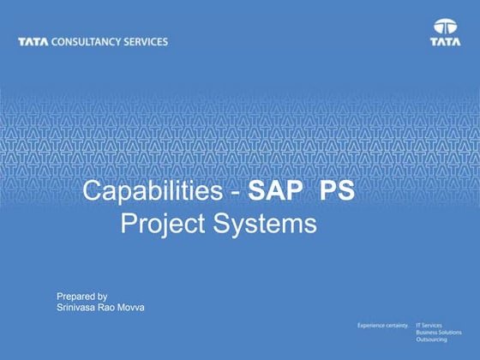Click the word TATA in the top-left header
click(x=32, y=42)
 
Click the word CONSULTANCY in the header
click(x=81, y=42)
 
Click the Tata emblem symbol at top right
click(x=445, y=26)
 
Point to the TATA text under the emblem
click(x=445, y=40)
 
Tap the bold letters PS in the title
click(x=337, y=191)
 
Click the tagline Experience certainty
click(x=383, y=327)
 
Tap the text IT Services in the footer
click(x=429, y=327)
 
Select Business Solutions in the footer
click(x=439, y=333)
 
